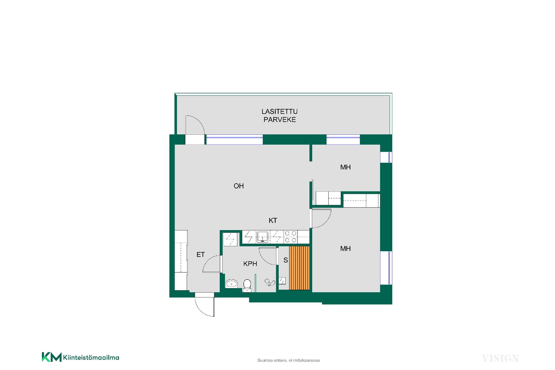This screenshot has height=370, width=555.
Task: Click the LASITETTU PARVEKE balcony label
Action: click(x=280, y=116)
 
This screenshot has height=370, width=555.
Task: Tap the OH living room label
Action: click(x=239, y=186)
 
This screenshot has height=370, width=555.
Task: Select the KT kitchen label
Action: click(x=273, y=221)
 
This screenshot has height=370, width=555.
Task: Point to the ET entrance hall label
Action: click(x=201, y=255)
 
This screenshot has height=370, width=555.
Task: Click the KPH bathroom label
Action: click(x=250, y=264)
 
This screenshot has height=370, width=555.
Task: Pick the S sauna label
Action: click(x=286, y=260)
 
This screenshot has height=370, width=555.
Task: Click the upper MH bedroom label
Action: click(x=345, y=167)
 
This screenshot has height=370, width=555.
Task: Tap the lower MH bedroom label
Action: click(x=345, y=249)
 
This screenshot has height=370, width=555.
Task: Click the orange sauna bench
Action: click(x=299, y=268)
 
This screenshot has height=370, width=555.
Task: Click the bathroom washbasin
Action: click(x=231, y=284)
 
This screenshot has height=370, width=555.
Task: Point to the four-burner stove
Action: click(x=291, y=236)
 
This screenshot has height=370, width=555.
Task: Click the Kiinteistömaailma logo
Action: click(x=80, y=357)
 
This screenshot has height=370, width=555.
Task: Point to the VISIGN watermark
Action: click(x=501, y=359)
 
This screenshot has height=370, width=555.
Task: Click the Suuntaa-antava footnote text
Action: click(x=288, y=360)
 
